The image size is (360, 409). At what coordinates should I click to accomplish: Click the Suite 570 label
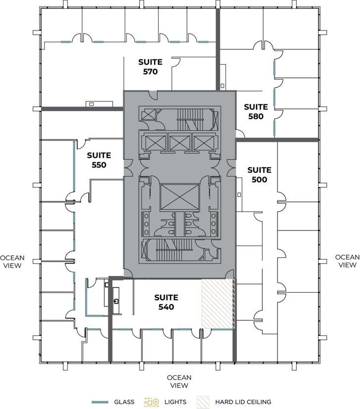tap(150, 67)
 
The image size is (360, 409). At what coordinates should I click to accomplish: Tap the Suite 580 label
tap(256, 112)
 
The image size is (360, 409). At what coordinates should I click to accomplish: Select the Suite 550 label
tap(99, 160)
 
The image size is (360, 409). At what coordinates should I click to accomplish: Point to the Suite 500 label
tap(260, 175)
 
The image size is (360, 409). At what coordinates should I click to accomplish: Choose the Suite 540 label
tap(166, 302)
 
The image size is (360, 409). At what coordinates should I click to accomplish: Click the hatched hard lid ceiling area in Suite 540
tap(218, 304)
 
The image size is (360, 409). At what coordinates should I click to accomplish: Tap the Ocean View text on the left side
tap(12, 261)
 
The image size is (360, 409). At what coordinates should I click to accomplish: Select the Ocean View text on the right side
tap(347, 261)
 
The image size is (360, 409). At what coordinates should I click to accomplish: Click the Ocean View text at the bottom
tap(180, 381)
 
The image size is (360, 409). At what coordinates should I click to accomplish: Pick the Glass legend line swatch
tap(100, 402)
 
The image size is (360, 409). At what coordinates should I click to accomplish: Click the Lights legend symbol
tap(151, 402)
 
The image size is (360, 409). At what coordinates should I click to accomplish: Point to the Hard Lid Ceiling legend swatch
tap(203, 402)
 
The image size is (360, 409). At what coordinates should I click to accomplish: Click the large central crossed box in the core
tap(179, 197)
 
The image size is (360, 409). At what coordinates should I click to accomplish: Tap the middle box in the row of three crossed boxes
tap(179, 143)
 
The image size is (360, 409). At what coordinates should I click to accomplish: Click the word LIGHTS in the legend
tap(175, 402)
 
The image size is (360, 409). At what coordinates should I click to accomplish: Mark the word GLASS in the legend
tap(124, 402)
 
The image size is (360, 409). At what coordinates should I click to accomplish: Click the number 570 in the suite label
tap(150, 72)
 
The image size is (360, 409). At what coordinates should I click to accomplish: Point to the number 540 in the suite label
tap(166, 307)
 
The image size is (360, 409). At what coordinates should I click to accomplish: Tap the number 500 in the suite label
tap(260, 180)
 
